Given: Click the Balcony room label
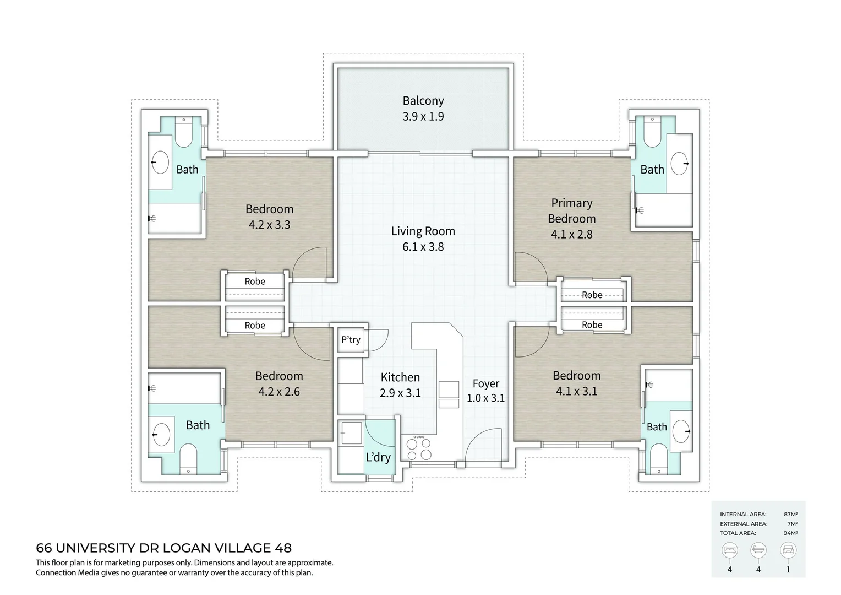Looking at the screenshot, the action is (x=423, y=101).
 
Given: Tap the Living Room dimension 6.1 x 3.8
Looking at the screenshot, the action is (x=423, y=247).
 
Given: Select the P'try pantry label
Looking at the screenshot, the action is (x=351, y=340).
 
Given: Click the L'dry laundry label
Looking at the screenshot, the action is (x=378, y=457).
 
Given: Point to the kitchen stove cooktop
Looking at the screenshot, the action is (x=419, y=448).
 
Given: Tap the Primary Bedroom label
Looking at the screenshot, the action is (x=571, y=210).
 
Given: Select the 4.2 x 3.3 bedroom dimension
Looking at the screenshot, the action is (x=270, y=225).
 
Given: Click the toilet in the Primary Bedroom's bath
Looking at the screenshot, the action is (x=652, y=131).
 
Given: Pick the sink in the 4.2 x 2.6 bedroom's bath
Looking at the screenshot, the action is (x=162, y=435).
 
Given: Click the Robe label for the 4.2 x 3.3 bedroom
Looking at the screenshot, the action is (x=255, y=281).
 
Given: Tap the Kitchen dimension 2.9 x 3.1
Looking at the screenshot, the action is (x=400, y=393).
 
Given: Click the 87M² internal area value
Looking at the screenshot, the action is (x=791, y=514).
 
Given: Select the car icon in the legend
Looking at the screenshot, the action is (x=788, y=550).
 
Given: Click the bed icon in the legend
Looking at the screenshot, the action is (x=729, y=550).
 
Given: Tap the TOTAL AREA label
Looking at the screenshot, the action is (x=738, y=533).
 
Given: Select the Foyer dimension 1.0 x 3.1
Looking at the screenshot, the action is (x=485, y=398).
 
